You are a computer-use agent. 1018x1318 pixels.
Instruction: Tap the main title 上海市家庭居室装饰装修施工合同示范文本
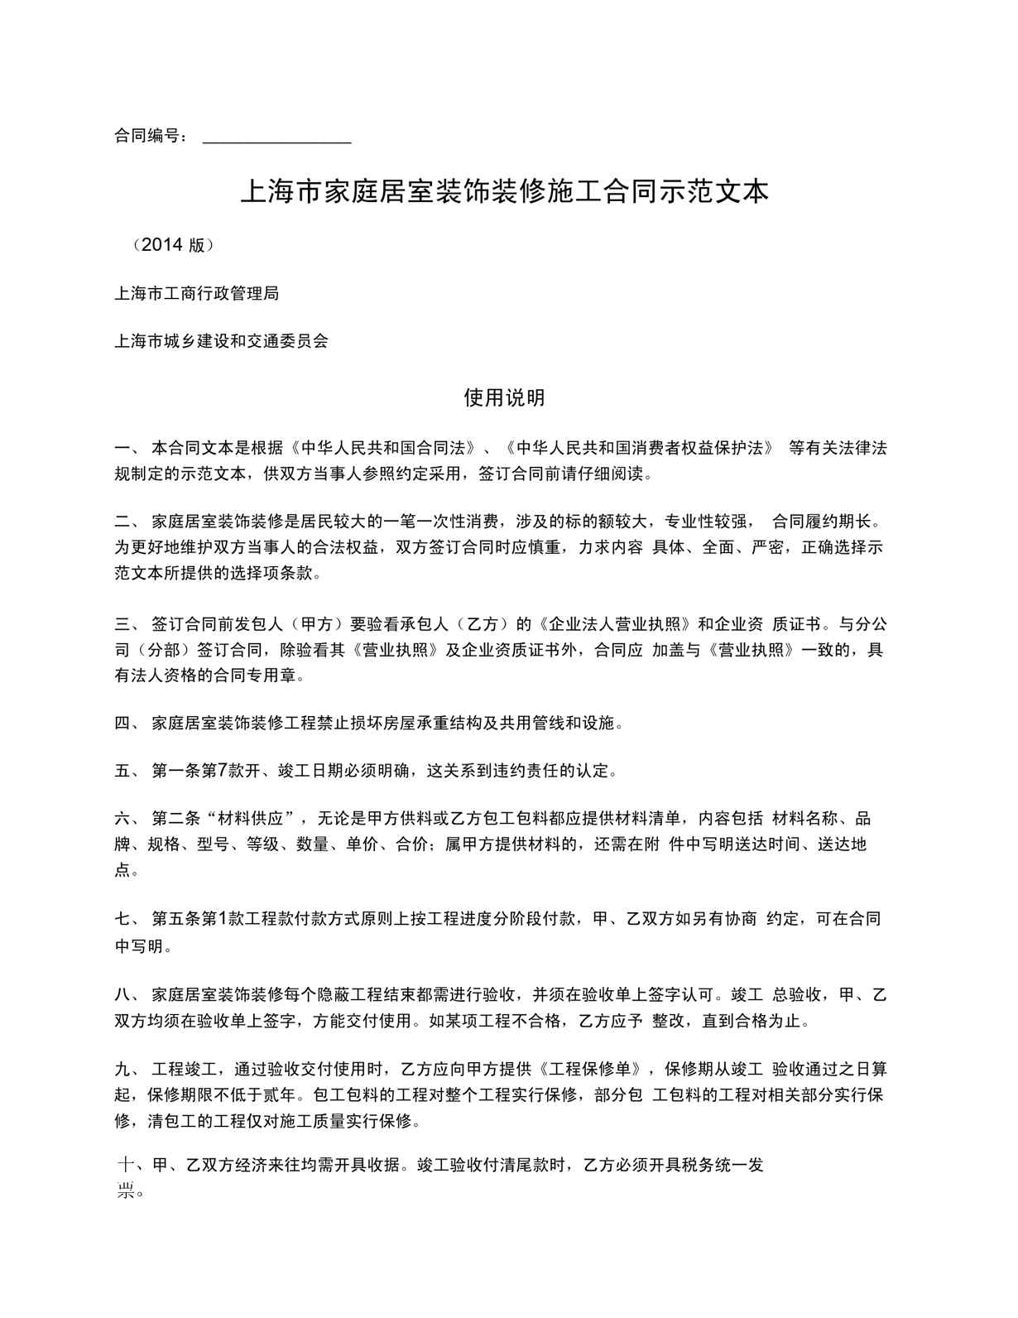504,192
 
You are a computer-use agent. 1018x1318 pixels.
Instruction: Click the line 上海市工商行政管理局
196,293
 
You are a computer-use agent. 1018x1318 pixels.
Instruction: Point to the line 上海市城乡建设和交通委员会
221,341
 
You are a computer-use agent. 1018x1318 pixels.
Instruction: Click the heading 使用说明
504,398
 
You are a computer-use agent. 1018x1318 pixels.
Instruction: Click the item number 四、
129,723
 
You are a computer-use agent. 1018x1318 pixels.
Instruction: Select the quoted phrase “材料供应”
253,819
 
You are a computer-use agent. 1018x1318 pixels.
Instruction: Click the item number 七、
129,919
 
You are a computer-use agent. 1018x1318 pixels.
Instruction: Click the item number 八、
129,994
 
